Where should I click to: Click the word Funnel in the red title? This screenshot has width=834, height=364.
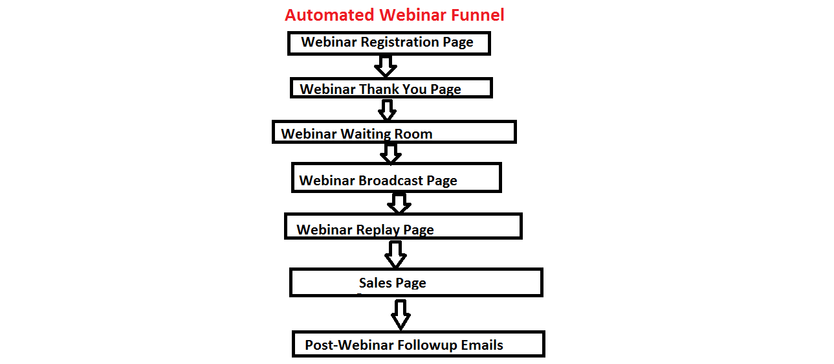(477, 16)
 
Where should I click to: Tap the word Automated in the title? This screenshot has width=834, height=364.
(329, 16)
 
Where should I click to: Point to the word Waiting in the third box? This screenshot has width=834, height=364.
(366, 134)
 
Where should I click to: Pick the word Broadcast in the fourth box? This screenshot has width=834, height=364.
(391, 181)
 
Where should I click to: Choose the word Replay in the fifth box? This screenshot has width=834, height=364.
(378, 230)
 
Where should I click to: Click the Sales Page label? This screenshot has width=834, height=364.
(393, 283)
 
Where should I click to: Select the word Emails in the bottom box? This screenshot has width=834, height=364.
(482, 345)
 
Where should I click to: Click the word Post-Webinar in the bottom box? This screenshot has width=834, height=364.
(349, 345)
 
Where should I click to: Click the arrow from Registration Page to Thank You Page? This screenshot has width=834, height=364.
(386, 67)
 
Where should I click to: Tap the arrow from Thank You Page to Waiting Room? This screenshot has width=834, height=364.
(387, 110)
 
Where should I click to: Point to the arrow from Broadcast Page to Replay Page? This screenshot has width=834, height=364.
(399, 203)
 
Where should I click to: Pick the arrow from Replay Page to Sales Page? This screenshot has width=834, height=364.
(395, 255)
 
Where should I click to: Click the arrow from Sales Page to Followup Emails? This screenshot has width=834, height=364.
(401, 315)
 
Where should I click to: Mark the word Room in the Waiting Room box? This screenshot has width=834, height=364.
(413, 134)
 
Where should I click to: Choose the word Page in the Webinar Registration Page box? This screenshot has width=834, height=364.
(458, 43)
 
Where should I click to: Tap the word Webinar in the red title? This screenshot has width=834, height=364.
(413, 16)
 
